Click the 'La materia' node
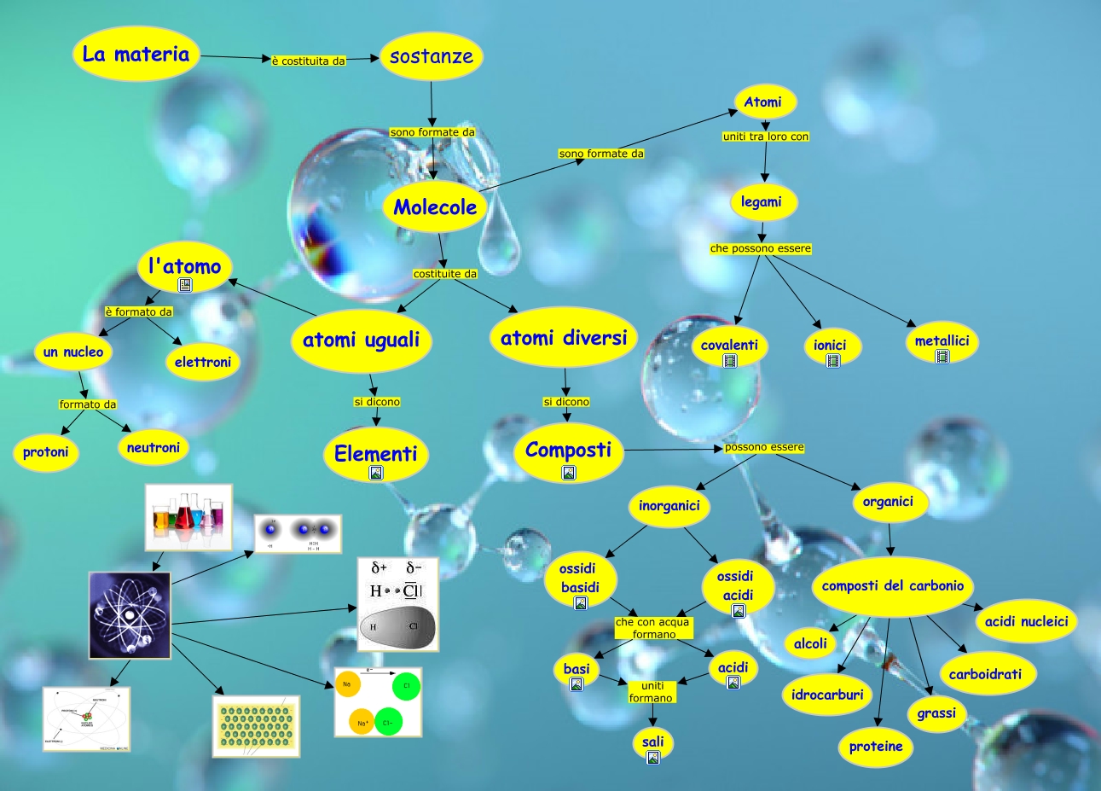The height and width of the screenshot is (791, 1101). (x=136, y=55)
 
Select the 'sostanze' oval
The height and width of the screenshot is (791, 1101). (x=431, y=56)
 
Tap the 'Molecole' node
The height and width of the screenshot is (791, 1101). (x=435, y=206)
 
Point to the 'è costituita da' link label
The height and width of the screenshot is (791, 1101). (x=308, y=61)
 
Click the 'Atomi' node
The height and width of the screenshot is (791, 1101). (x=762, y=102)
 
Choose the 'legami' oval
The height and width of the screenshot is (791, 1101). (x=761, y=202)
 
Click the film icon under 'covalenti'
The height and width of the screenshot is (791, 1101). (x=730, y=361)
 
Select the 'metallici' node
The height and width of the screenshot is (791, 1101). (x=942, y=341)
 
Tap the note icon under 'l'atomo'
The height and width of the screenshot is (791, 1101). (x=185, y=285)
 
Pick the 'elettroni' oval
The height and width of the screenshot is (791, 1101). (x=203, y=362)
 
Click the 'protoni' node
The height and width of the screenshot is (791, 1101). (x=46, y=452)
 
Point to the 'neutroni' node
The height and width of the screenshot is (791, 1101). (x=154, y=447)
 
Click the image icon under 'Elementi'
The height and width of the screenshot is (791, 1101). (x=376, y=473)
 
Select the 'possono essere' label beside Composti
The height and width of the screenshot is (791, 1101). (x=764, y=447)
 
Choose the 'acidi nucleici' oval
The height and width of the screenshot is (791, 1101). (x=1026, y=621)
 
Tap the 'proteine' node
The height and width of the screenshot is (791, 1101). (x=876, y=747)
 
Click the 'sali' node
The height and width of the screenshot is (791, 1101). (x=653, y=742)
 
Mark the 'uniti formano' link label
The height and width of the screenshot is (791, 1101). (x=652, y=692)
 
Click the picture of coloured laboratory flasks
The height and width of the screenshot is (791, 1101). (x=188, y=517)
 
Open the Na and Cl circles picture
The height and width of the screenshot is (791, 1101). (x=378, y=702)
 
